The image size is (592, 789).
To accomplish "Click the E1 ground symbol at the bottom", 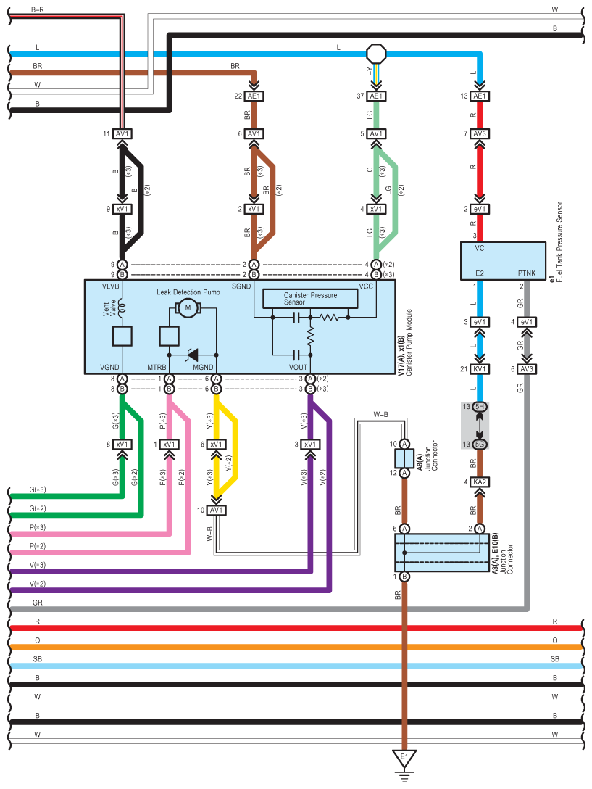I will pos(404,759).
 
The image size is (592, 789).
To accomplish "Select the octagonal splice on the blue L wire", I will pos(376,54).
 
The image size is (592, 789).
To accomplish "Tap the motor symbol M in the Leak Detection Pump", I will pos(188,308).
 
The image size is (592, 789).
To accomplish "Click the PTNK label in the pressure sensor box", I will pos(527,273).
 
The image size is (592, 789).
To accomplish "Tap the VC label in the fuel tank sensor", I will pos(480,247).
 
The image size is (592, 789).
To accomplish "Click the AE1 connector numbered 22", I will pos(254,96).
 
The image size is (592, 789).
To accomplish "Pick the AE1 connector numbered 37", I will pos(376,96).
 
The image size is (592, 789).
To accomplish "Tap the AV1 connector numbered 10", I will pos(216,510).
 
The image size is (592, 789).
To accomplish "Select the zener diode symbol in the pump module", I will pos(193,355).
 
